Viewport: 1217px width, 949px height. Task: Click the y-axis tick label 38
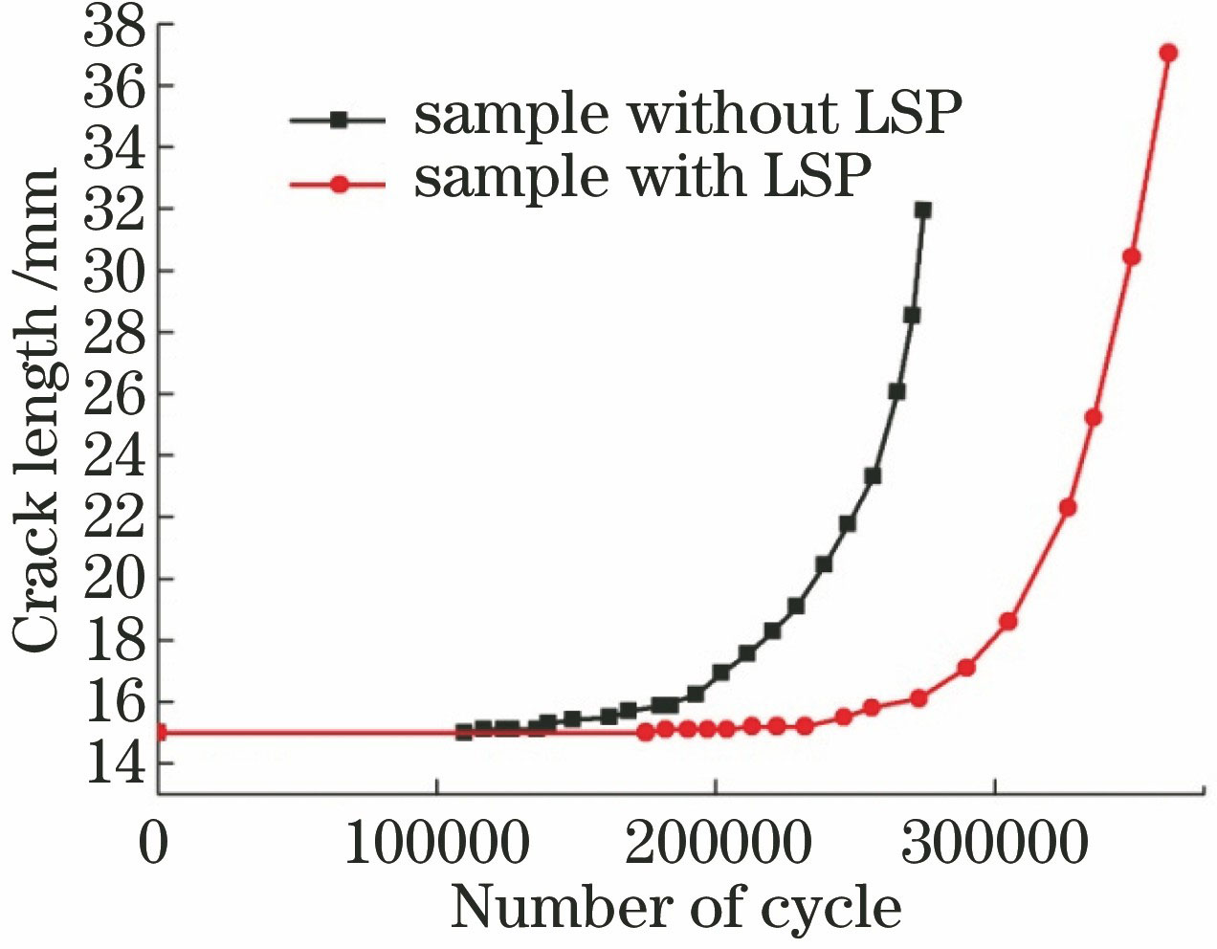pyautogui.click(x=114, y=27)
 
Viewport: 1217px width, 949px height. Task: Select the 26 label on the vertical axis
pyautogui.click(x=114, y=394)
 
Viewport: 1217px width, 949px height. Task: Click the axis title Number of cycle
pyautogui.click(x=675, y=907)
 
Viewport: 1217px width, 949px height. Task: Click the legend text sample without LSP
pyautogui.click(x=687, y=115)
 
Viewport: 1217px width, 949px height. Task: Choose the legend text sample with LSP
pyautogui.click(x=643, y=177)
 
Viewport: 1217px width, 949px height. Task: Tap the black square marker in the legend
pyautogui.click(x=338, y=121)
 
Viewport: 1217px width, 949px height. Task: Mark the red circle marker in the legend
pyautogui.click(x=338, y=184)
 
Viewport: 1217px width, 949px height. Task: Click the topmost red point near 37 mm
pyautogui.click(x=1168, y=53)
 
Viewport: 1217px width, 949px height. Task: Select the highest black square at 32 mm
pyautogui.click(x=922, y=210)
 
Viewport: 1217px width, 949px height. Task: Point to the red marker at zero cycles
pyautogui.click(x=159, y=733)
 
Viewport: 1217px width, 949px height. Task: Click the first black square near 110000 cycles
pyautogui.click(x=464, y=732)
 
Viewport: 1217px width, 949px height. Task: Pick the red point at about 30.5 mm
pyautogui.click(x=1131, y=256)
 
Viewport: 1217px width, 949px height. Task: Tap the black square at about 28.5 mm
pyautogui.click(x=912, y=315)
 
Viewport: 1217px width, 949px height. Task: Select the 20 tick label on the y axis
pyautogui.click(x=114, y=579)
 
